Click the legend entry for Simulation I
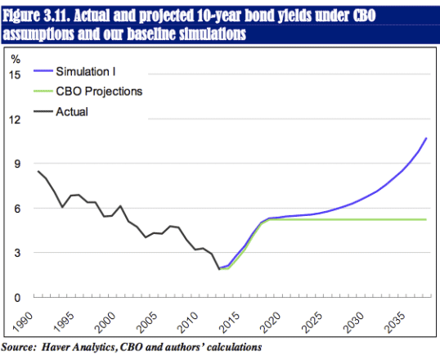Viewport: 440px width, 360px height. pyautogui.click(x=92, y=73)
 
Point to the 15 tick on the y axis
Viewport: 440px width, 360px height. pyautogui.click(x=15, y=74)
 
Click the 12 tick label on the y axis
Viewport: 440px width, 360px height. pyautogui.click(x=15, y=119)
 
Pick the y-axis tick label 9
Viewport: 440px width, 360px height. pyautogui.click(x=17, y=164)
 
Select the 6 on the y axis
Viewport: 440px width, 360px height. pyautogui.click(x=17, y=209)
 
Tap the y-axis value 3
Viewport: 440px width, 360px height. pyautogui.click(x=17, y=253)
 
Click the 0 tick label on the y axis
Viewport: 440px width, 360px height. pyautogui.click(x=17, y=298)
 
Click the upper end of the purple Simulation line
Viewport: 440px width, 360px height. pyautogui.click(x=426, y=138)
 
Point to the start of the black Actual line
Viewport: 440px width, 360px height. pyautogui.click(x=38, y=171)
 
